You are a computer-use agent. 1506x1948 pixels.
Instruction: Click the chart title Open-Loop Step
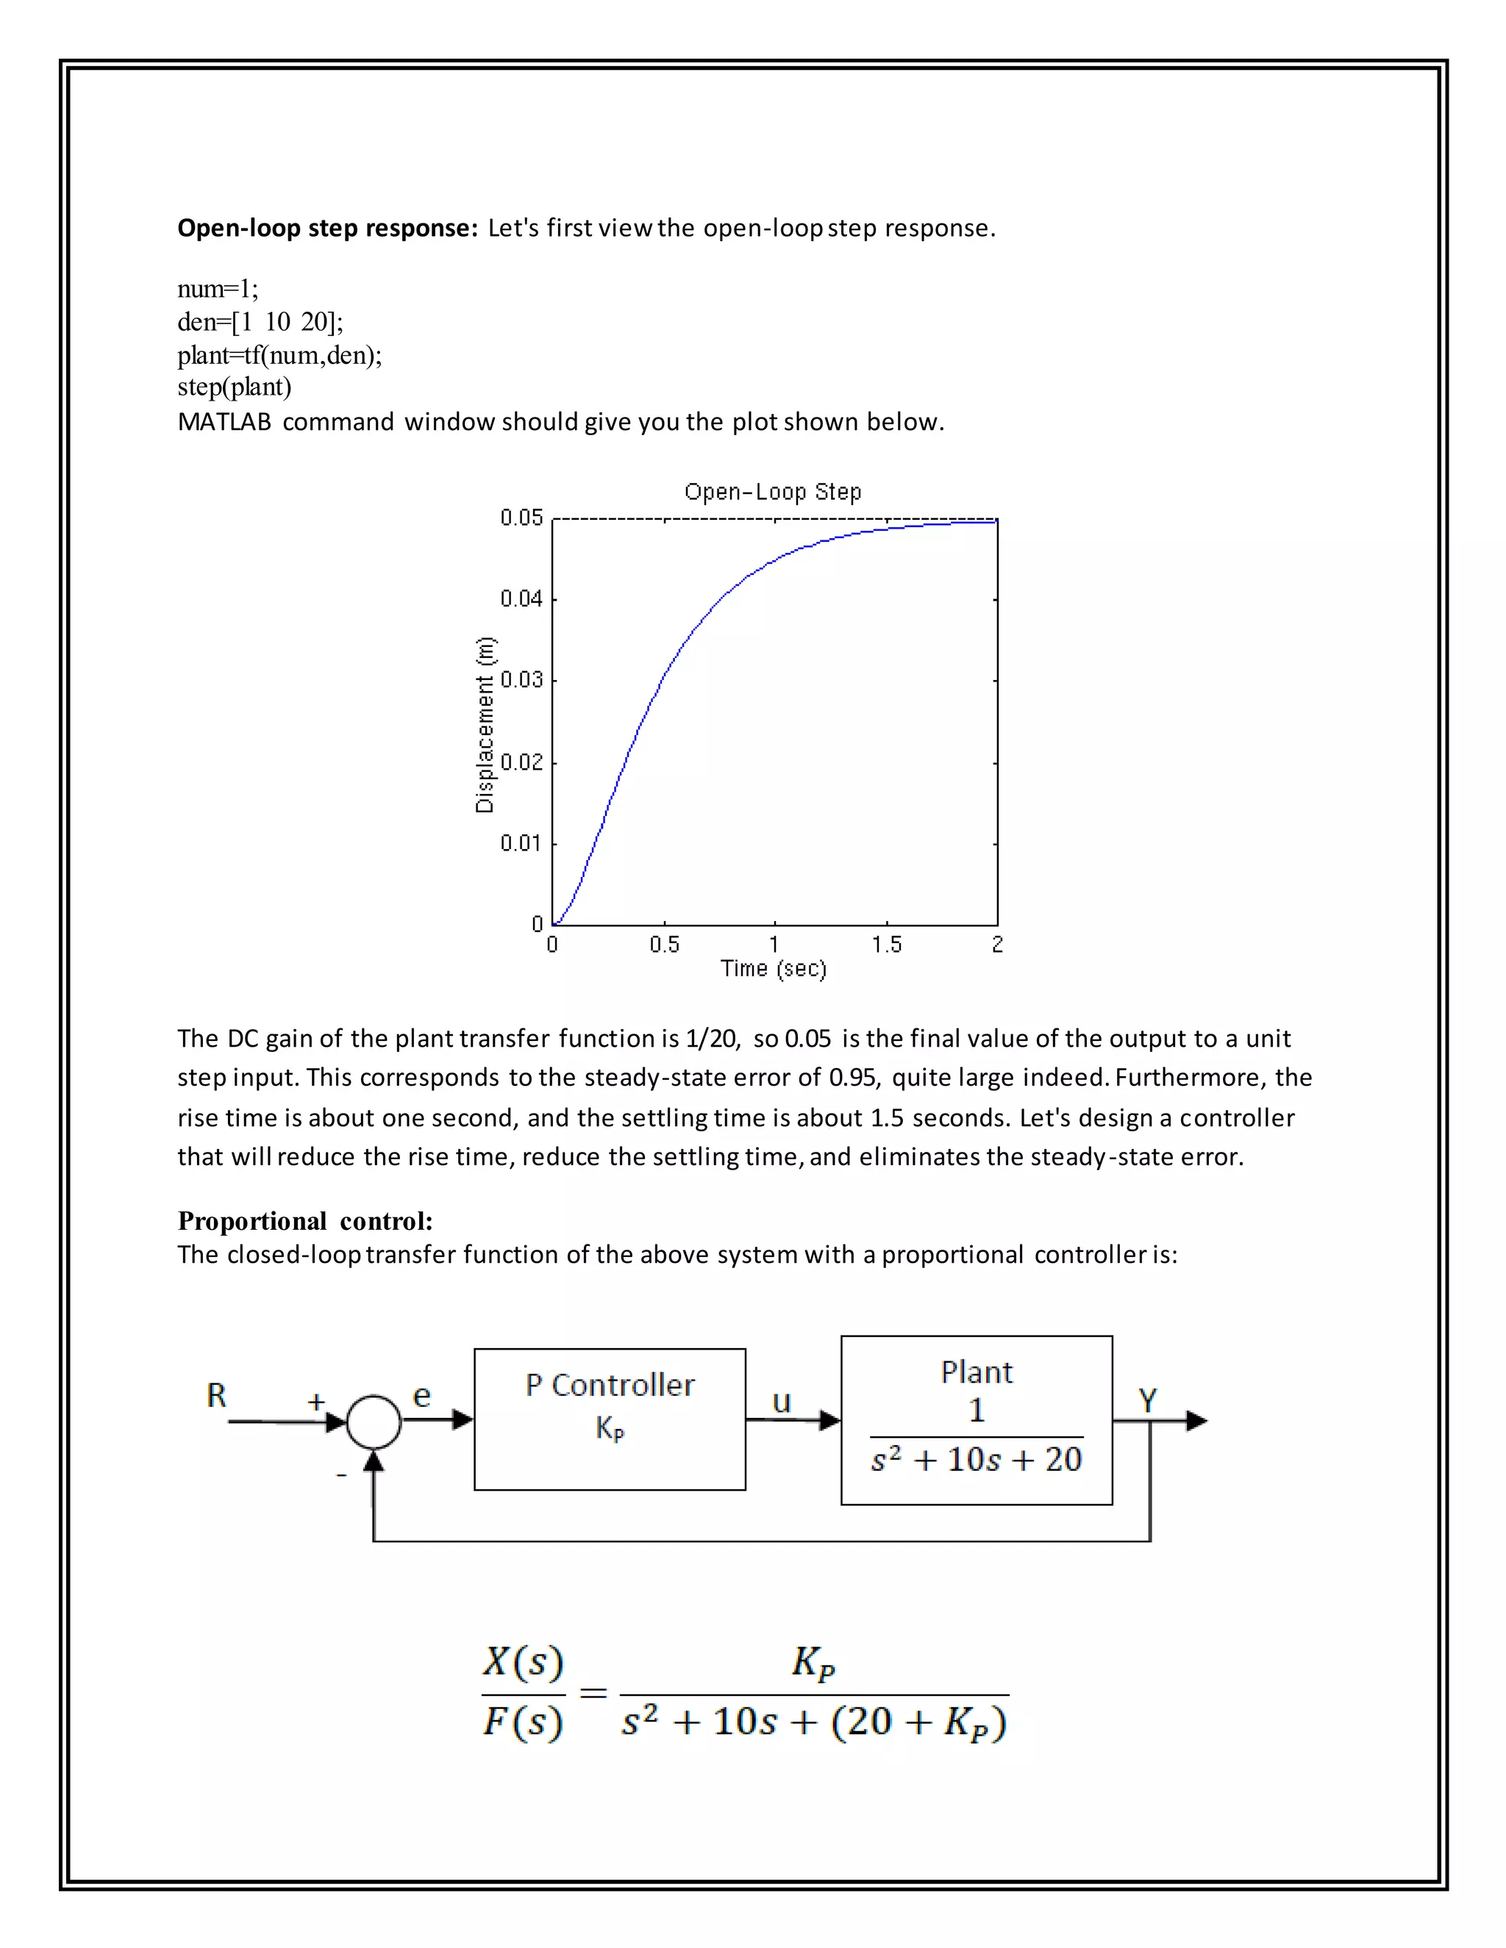[773, 492]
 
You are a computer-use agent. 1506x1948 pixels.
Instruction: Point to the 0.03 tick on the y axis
[521, 681]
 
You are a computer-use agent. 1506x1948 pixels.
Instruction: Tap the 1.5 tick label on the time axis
[886, 945]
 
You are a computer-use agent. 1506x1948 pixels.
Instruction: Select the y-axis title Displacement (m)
[485, 724]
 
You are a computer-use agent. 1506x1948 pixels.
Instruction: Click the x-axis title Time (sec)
[774, 969]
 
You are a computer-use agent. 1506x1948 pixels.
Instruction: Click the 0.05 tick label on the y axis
[521, 518]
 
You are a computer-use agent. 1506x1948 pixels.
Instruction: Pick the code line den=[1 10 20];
[260, 321]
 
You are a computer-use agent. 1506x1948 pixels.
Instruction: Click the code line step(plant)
[234, 387]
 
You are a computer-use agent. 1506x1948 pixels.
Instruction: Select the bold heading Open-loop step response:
[327, 229]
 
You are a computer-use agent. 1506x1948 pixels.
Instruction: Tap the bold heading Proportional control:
[305, 1220]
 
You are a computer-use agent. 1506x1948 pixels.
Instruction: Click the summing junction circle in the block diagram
[374, 1421]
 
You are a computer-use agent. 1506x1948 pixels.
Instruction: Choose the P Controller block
[610, 1418]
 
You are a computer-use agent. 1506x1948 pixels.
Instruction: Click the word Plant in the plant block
[976, 1372]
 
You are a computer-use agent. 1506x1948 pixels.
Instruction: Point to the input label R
[217, 1396]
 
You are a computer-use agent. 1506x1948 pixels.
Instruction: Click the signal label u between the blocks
[782, 1402]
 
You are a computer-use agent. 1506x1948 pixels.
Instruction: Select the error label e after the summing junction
[422, 1396]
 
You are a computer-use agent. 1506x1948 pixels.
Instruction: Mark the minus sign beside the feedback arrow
[340, 1475]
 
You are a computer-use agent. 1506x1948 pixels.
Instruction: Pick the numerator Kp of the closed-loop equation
[813, 1662]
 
